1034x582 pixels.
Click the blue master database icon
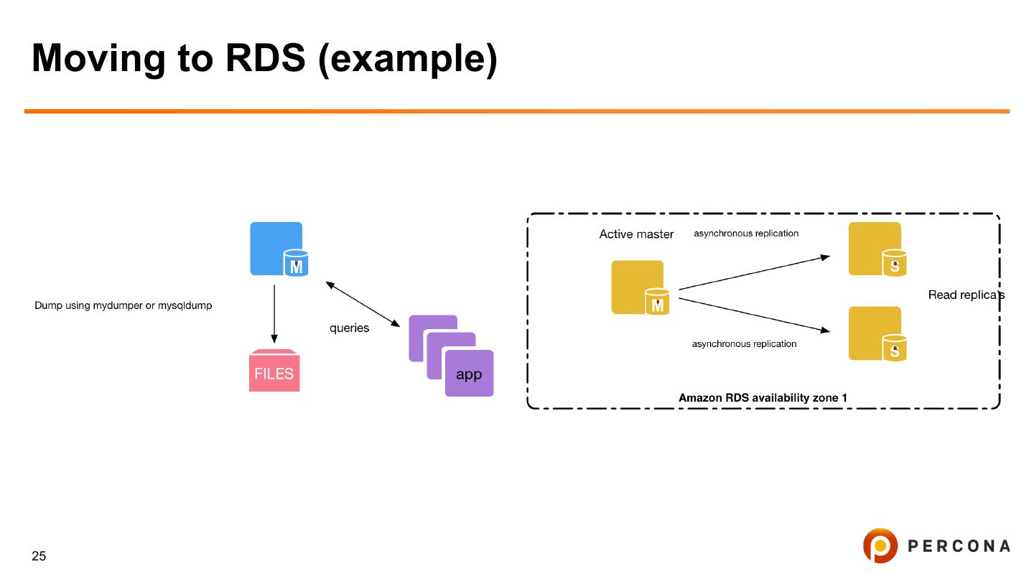[277, 249]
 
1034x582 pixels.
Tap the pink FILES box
[274, 372]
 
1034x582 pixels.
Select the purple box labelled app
[469, 374]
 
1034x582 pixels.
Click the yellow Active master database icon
[639, 287]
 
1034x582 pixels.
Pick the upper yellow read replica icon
[876, 249]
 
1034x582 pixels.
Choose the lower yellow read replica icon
[876, 333]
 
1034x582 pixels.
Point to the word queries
[349, 328]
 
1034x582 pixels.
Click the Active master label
[636, 234]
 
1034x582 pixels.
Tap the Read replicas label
[966, 295]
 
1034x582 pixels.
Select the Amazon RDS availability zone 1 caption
[763, 397]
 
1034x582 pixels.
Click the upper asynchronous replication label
[746, 234]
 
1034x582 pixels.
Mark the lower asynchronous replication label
[744, 344]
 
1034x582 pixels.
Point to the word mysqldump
[185, 306]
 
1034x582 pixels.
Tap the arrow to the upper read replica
[754, 272]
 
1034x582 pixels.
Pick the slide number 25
[39, 556]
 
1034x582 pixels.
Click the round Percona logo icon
[880, 546]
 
